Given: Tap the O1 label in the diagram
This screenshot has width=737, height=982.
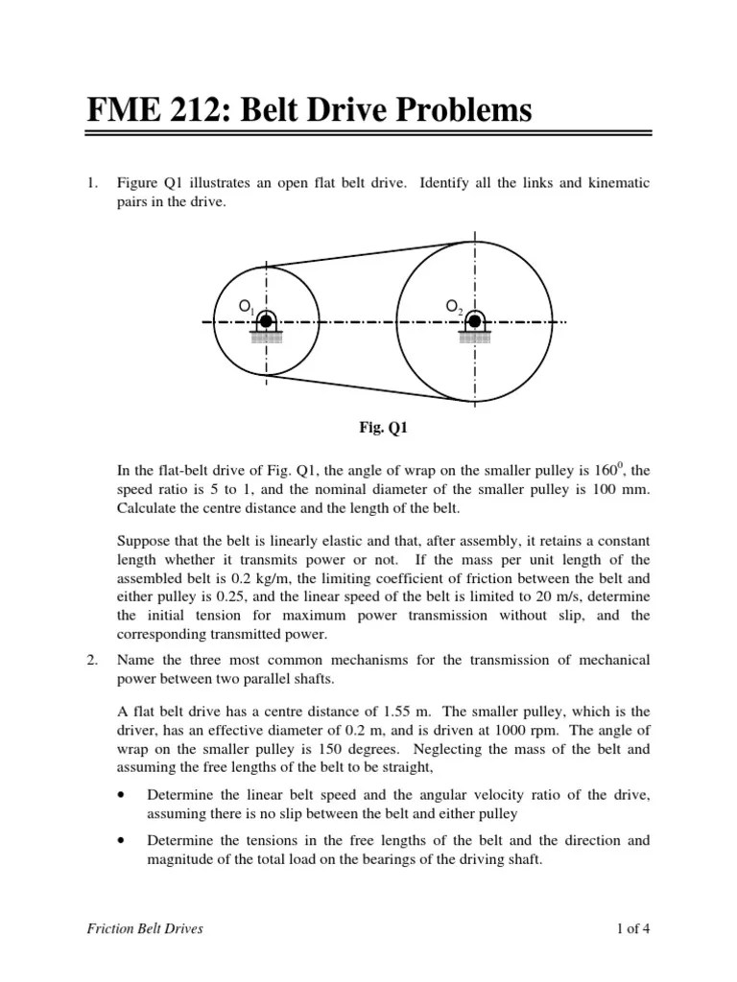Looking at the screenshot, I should [247, 307].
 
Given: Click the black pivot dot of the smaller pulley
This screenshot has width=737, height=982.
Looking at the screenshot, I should [266, 321].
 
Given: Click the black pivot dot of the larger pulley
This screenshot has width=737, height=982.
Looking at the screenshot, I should [474, 321].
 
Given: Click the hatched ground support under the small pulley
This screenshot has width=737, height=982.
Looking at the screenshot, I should [266, 338].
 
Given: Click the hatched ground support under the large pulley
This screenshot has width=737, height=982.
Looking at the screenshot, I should [474, 338].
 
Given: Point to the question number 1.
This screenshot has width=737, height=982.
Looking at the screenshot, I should [92, 183].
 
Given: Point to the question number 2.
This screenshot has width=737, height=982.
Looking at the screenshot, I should [92, 661].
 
